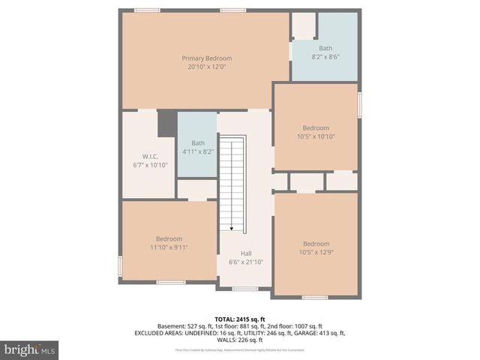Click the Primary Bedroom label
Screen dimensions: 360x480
(x=206, y=58)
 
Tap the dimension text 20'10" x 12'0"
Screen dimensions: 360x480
(x=206, y=67)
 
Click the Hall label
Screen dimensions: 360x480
(x=246, y=253)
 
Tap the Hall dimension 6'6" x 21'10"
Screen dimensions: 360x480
(x=246, y=262)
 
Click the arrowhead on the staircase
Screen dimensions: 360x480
(x=232, y=228)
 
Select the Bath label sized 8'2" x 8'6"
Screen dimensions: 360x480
(x=325, y=49)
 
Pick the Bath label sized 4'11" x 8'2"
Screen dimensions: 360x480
(x=198, y=143)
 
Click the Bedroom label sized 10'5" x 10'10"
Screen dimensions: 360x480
(x=316, y=127)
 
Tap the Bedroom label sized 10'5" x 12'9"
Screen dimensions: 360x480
(x=316, y=244)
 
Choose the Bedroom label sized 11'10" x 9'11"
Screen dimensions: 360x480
(x=169, y=238)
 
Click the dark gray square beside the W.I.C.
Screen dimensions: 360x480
(x=166, y=124)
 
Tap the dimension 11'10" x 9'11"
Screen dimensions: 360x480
(x=169, y=247)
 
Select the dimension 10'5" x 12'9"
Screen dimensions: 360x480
(x=316, y=253)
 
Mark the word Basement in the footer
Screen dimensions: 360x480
(x=172, y=326)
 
